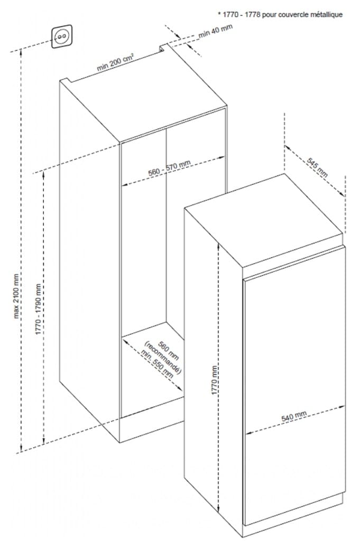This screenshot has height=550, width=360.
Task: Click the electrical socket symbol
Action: click(x=62, y=36)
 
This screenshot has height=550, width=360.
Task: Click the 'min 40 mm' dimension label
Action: click(x=216, y=31)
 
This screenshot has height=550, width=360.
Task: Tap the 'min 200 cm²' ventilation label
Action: click(x=115, y=62)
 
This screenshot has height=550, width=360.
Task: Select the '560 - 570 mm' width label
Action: click(x=170, y=167)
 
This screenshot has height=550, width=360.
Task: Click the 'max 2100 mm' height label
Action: click(x=16, y=296)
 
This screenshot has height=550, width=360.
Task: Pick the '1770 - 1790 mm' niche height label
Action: click(x=39, y=309)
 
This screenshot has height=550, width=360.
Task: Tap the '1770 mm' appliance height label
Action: click(x=215, y=380)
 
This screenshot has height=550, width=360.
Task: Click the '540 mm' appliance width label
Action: click(x=294, y=416)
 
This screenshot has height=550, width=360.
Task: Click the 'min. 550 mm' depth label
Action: click(x=158, y=363)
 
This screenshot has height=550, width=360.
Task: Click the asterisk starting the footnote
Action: click(x=219, y=14)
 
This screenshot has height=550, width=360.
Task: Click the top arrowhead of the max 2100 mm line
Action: click(x=22, y=52)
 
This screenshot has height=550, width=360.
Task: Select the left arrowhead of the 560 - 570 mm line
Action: click(x=124, y=184)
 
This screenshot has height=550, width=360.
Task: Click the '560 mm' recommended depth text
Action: click(x=169, y=351)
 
